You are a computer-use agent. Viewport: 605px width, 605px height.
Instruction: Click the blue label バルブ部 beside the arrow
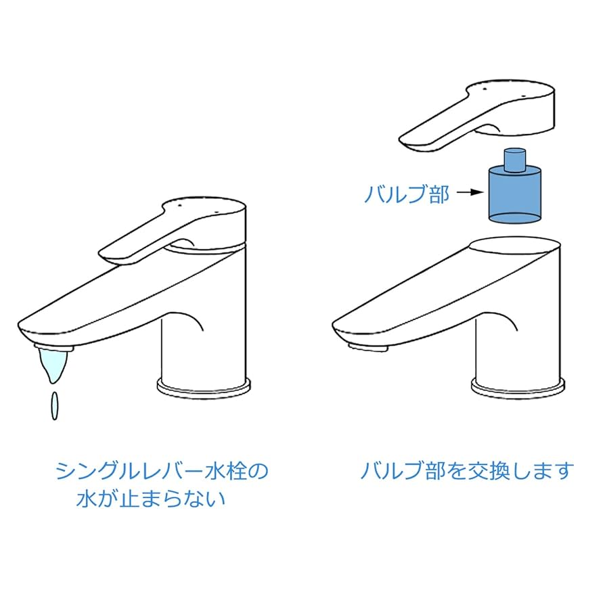point(406,194)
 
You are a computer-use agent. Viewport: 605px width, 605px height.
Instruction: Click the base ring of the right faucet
point(518,386)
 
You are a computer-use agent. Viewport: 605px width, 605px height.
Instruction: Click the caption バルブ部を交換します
point(466,471)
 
